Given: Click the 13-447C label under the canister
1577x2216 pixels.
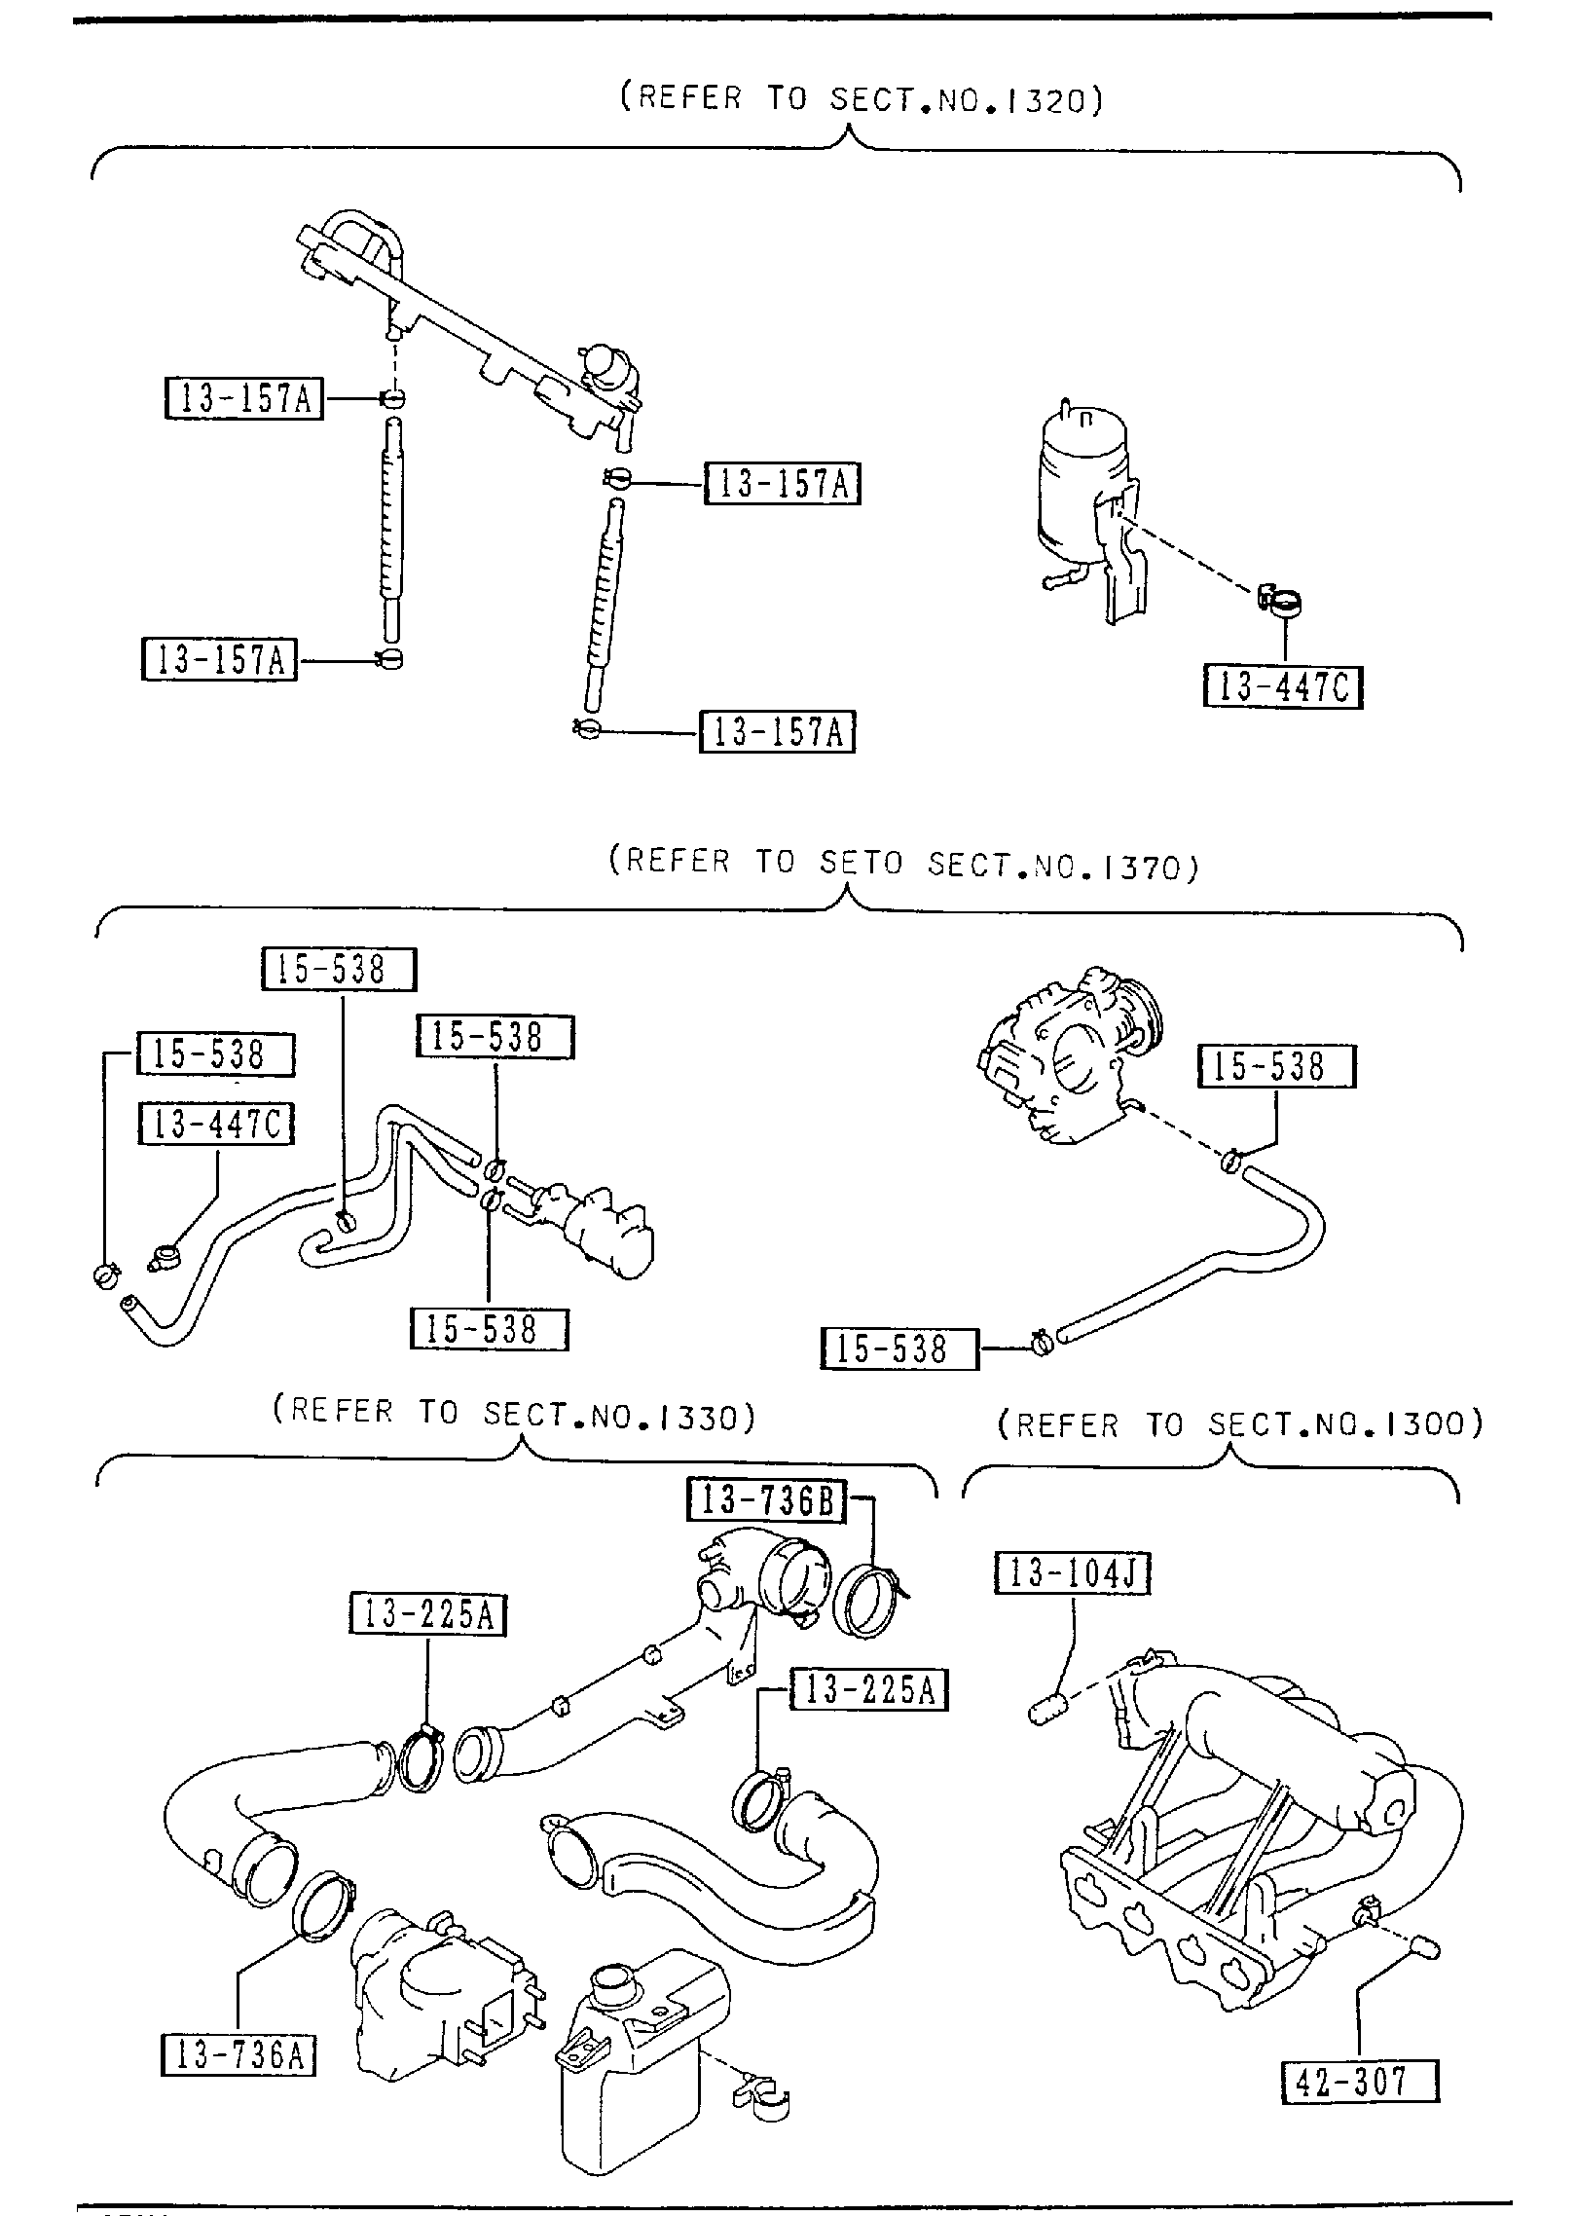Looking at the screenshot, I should pyautogui.click(x=1282, y=687).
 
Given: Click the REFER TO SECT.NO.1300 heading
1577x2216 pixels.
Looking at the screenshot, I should pyautogui.click(x=1239, y=1425).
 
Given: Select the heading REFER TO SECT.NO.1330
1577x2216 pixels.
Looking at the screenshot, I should pyautogui.click(x=513, y=1415).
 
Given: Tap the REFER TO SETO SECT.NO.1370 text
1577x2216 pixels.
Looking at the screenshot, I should pyautogui.click(x=902, y=863).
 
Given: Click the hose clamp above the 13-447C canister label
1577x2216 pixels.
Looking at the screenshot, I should pyautogui.click(x=1281, y=602).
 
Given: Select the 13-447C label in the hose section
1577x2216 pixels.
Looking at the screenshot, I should pyautogui.click(x=216, y=1125).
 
